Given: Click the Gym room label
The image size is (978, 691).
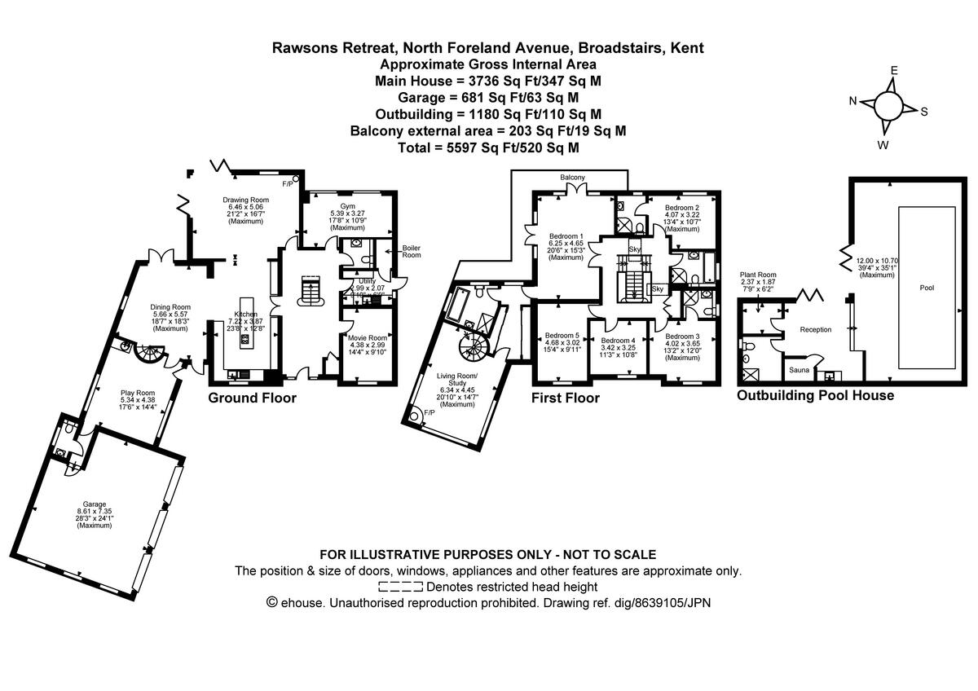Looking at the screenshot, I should (348, 206).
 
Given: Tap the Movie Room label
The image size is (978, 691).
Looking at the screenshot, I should (366, 337).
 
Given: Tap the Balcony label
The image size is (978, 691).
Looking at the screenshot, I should (572, 177).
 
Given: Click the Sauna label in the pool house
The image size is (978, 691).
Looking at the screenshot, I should (799, 371).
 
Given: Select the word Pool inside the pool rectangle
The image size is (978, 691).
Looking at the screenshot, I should (926, 287).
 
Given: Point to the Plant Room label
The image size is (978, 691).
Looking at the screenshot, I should (757, 275).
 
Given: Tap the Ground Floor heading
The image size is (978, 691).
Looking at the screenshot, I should (252, 398).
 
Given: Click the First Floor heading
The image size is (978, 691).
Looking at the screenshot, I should (565, 398).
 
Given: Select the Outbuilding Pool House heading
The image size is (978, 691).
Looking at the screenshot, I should (815, 395).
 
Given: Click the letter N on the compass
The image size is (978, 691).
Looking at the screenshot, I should (853, 101).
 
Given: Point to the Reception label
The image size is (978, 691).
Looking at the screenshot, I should (815, 329).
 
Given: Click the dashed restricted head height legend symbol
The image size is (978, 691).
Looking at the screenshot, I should (400, 587).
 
